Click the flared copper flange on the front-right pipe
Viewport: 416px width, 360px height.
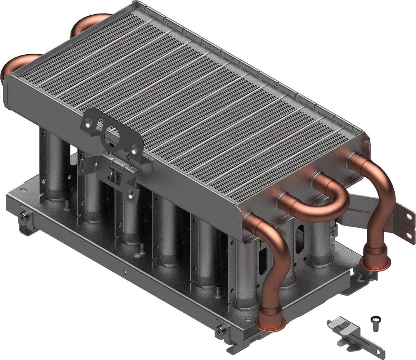tap(272, 323)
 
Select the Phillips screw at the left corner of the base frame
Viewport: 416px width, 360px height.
tap(25, 217)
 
